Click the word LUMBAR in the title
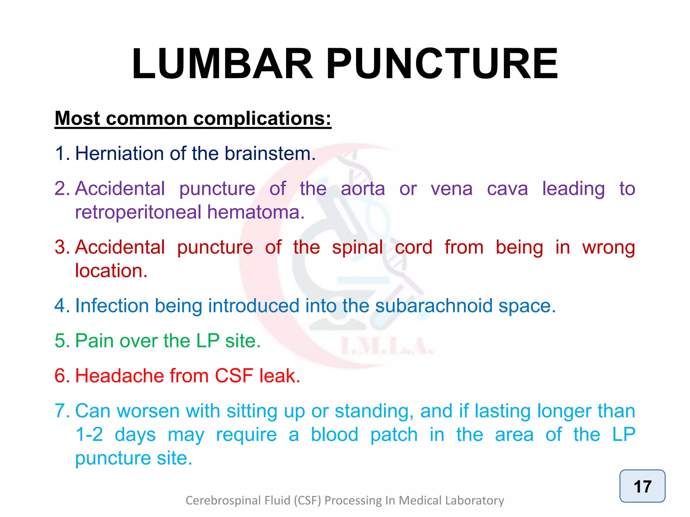(x=222, y=64)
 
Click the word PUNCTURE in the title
(x=442, y=64)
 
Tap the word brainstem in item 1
(x=270, y=153)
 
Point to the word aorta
(x=363, y=189)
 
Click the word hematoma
(x=256, y=212)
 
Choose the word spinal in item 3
(x=357, y=248)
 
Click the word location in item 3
(x=111, y=271)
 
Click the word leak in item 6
(x=279, y=376)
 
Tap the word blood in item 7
(x=334, y=435)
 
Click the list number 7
(x=62, y=411)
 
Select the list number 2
(x=62, y=189)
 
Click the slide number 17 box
(x=642, y=486)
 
